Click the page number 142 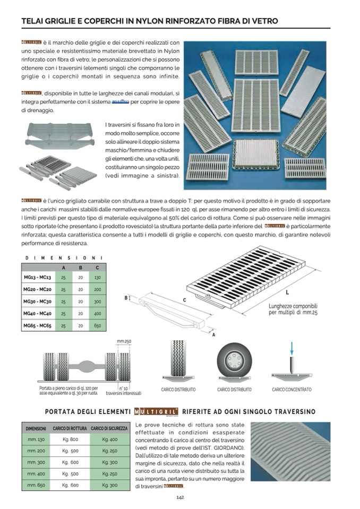tap(180, 497)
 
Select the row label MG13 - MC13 tap(37, 278)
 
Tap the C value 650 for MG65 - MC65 tap(97, 325)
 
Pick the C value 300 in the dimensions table tap(97, 301)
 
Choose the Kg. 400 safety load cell tap(109, 439)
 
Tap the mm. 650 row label tap(36, 485)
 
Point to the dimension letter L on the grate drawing tap(287, 292)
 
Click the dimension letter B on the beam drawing tap(126, 298)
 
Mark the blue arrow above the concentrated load tap(292, 348)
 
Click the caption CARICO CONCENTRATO tap(292, 390)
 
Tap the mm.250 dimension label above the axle tap(124, 341)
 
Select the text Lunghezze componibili tap(293, 306)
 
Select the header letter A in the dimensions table tap(64, 268)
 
